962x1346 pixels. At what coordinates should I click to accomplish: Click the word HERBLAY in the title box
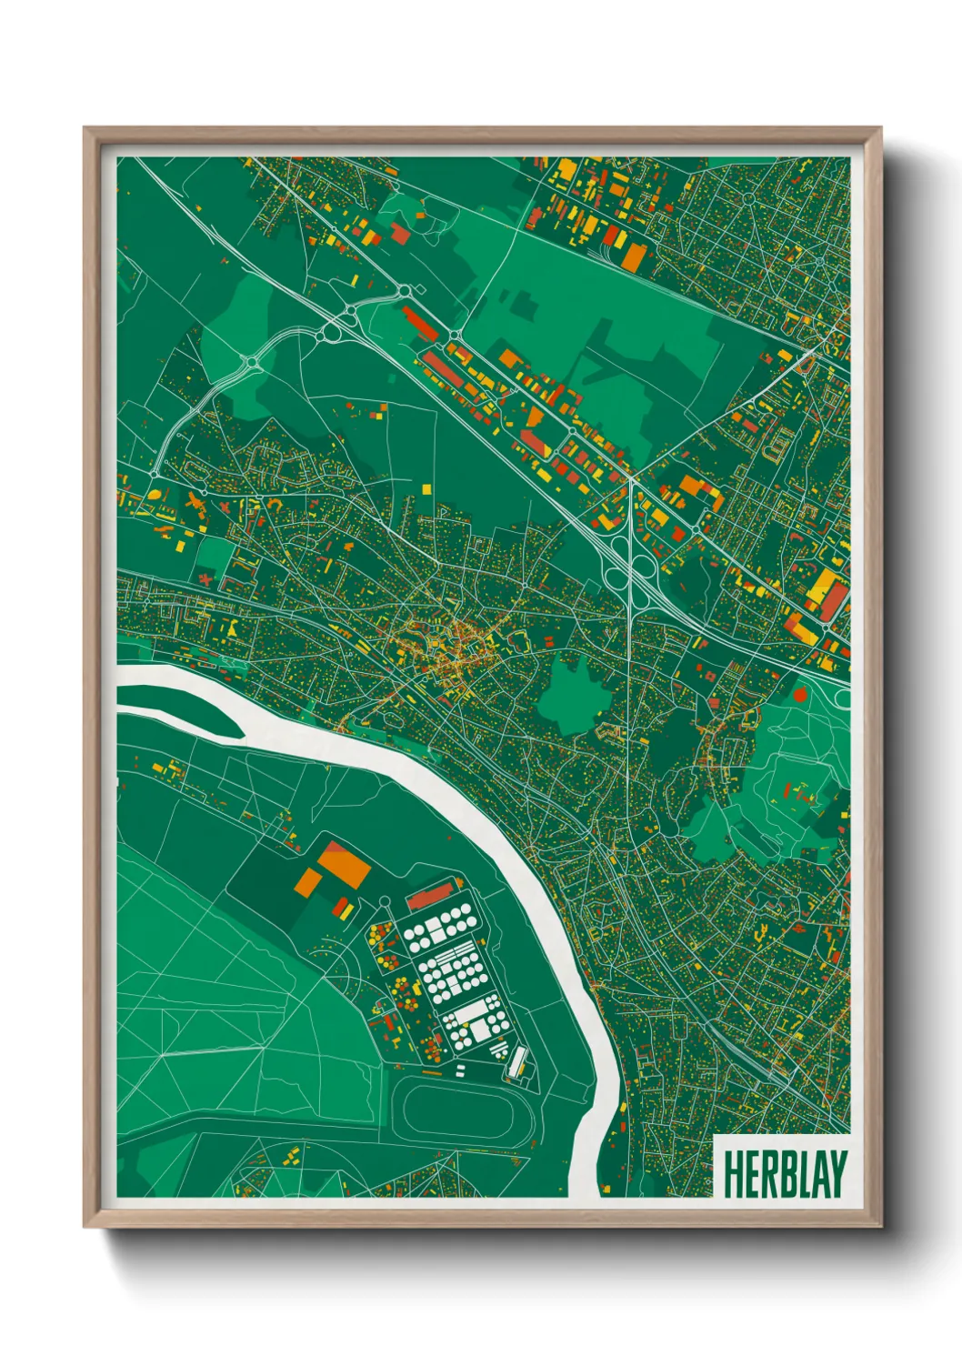tap(785, 1174)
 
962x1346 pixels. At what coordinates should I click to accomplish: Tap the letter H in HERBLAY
tap(733, 1174)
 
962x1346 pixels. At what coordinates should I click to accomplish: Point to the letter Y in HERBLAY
tap(837, 1174)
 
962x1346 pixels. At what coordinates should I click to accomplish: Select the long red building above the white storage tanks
tap(430, 897)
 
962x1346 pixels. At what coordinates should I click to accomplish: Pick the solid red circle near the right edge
tap(800, 695)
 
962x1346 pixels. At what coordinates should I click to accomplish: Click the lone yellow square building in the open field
tap(426, 489)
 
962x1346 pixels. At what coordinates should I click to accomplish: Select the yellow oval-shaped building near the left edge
tap(155, 495)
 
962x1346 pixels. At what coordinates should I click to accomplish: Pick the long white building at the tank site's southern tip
tap(516, 1062)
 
